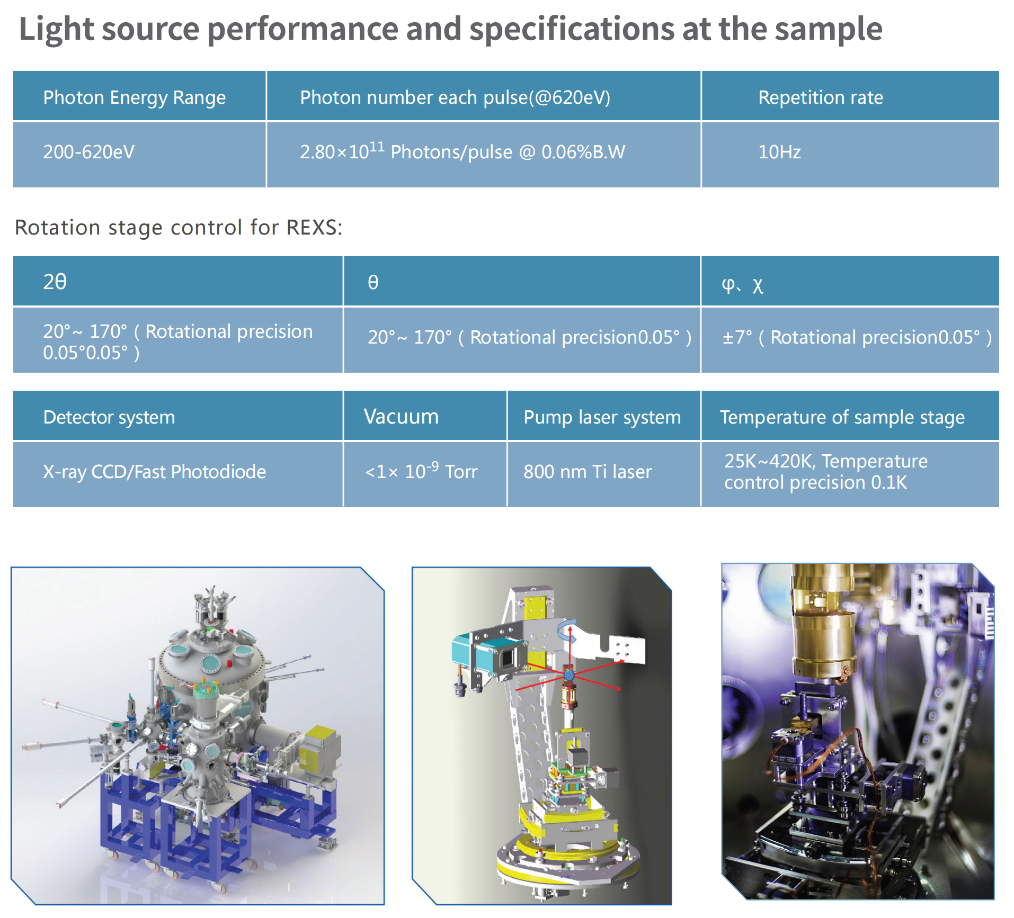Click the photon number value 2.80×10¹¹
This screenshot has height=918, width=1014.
point(342,151)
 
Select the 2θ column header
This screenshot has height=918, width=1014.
point(178,281)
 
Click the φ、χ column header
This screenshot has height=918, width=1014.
point(850,281)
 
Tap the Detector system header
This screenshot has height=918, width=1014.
point(178,416)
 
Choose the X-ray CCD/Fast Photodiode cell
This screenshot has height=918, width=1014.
point(178,474)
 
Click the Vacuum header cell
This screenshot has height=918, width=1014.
point(425,416)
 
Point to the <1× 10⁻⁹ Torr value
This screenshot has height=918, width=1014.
point(422,470)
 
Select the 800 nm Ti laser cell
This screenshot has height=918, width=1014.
point(604,474)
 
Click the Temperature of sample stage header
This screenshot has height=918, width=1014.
point(850,416)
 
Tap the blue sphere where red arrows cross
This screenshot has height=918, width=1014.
point(569,675)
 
